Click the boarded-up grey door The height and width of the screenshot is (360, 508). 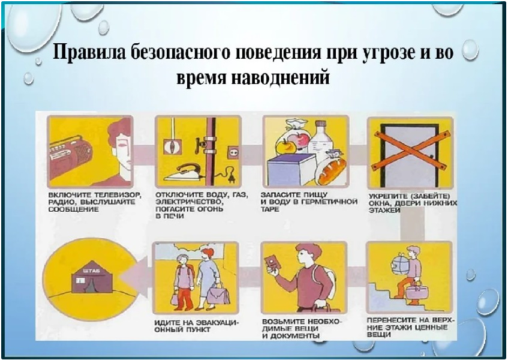coord(410,153)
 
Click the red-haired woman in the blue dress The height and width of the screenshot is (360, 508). coord(208,278)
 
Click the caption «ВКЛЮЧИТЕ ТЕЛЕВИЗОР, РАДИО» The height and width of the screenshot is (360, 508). coord(95,199)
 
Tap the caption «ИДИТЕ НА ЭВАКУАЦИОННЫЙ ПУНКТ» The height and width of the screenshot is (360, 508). coord(196,326)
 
